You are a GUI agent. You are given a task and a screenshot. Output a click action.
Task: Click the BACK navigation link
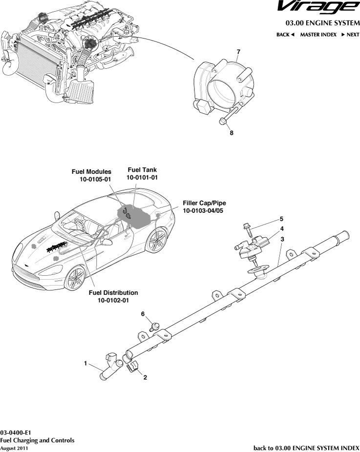click(x=285, y=35)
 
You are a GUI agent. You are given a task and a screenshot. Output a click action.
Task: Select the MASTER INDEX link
click(x=318, y=35)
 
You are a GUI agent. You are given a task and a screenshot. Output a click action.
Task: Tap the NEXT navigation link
click(x=350, y=35)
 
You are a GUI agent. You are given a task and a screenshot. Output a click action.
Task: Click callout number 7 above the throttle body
click(x=238, y=52)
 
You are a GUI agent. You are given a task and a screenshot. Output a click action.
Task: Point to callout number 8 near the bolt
click(x=232, y=132)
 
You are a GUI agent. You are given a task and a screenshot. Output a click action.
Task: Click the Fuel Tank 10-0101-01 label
click(x=142, y=174)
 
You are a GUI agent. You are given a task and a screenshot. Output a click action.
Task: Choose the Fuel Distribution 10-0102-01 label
click(x=113, y=296)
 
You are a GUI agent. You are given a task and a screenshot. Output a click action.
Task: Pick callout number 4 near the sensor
click(x=282, y=228)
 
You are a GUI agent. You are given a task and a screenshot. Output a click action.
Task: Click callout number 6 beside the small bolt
click(x=143, y=314)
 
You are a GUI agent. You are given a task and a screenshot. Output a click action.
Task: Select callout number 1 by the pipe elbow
click(x=85, y=363)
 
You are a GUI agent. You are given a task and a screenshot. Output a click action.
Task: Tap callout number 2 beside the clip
click(x=145, y=377)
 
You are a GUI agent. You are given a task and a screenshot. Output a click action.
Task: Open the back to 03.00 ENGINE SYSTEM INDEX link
click(x=306, y=448)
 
